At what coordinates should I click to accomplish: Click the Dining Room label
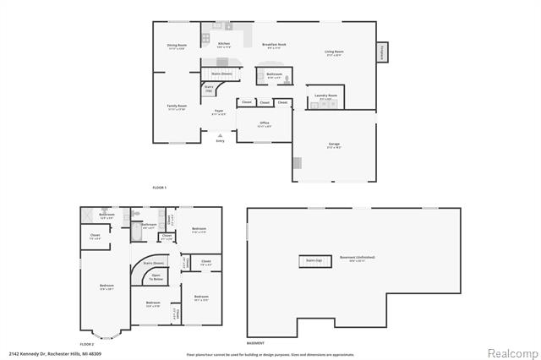click(x=177, y=46)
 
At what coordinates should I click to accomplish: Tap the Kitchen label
click(x=224, y=44)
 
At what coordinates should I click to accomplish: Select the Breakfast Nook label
click(x=273, y=45)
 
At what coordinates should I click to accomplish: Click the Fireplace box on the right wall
click(x=382, y=52)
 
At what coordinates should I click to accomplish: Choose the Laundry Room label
click(x=326, y=96)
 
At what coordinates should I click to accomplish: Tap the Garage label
click(x=334, y=145)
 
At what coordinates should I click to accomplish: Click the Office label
click(x=265, y=123)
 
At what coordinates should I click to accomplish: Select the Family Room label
click(x=177, y=107)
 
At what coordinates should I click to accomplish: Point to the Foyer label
click(x=218, y=112)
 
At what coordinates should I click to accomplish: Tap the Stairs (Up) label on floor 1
click(x=209, y=87)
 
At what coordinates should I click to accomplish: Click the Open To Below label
click(x=156, y=277)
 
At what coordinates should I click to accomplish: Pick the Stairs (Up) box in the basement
click(x=314, y=261)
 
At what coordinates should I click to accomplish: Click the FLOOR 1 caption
click(x=160, y=186)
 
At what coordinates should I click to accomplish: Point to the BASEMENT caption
click(x=255, y=343)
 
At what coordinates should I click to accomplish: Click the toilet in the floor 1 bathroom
click(x=287, y=78)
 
